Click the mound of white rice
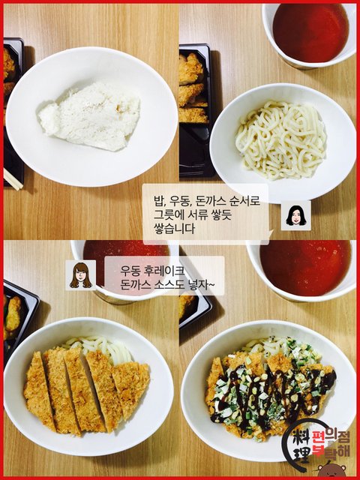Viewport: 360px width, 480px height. (89, 117)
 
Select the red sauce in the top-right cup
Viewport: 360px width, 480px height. (310, 32)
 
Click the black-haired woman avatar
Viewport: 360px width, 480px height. (296, 215)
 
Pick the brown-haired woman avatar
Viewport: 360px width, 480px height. (80, 275)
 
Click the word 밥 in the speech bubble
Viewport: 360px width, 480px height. (159, 202)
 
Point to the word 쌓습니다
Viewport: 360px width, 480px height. (174, 228)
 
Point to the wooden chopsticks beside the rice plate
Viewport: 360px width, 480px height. (13, 179)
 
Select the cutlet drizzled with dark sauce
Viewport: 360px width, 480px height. (271, 394)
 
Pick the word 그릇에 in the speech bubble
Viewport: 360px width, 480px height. (167, 215)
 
